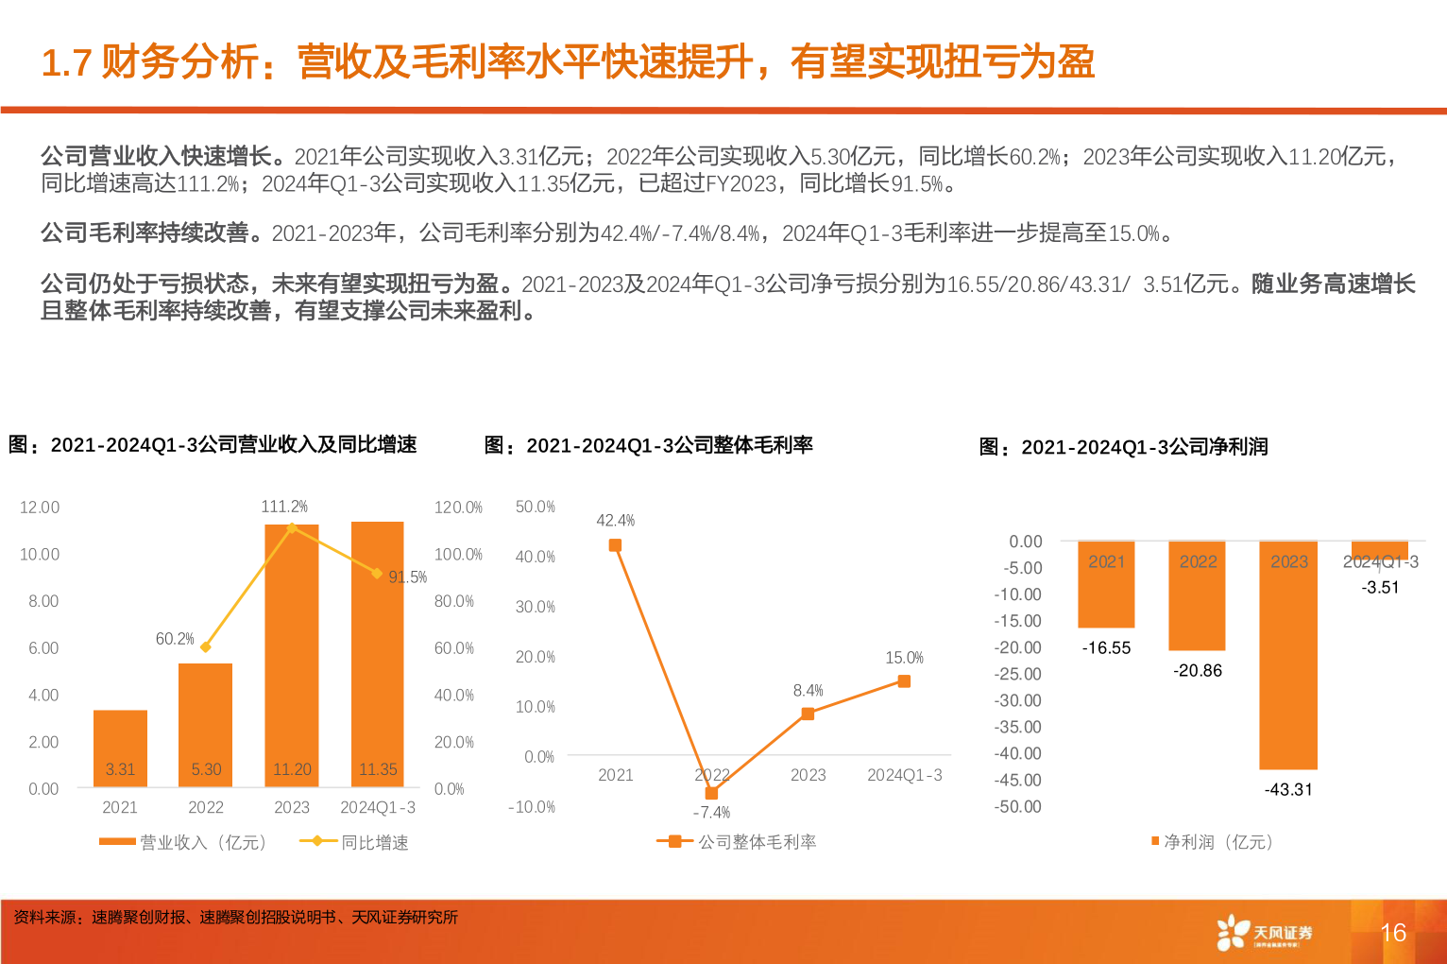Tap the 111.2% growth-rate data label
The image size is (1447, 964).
(x=284, y=507)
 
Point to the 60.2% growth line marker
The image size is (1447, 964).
(x=206, y=647)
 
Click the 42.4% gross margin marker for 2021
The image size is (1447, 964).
(x=615, y=545)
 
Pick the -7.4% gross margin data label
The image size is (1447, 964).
(x=711, y=813)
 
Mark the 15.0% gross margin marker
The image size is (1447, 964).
(x=904, y=681)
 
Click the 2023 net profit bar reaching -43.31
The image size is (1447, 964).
(x=1288, y=662)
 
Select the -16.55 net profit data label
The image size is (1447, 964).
(x=1106, y=648)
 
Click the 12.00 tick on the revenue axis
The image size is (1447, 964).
(x=40, y=508)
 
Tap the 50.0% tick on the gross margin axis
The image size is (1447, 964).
(x=536, y=508)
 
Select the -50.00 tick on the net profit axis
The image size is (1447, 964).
(x=1017, y=807)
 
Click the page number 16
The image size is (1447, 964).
(x=1393, y=933)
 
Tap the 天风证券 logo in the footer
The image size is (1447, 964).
(x=1266, y=933)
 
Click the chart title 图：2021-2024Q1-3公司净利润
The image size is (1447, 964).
(x=1123, y=447)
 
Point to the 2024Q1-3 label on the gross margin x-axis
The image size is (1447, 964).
(x=904, y=775)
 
